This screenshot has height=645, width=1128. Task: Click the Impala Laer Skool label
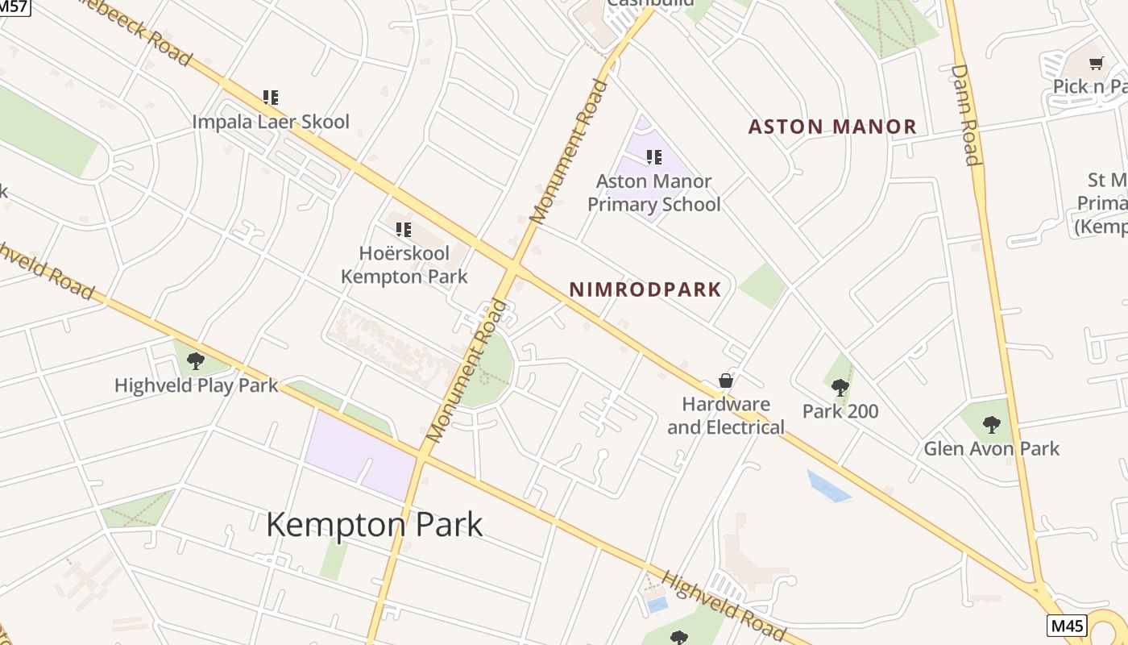(271, 122)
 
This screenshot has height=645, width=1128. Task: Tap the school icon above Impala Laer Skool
(271, 98)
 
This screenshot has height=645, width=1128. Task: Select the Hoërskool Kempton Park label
(404, 264)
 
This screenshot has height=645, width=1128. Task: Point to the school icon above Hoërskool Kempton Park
(404, 230)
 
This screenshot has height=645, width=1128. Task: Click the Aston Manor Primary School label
(653, 193)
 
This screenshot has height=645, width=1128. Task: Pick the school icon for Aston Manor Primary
(653, 157)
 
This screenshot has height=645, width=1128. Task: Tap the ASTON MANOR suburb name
(832, 127)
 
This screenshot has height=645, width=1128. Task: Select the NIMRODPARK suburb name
(645, 289)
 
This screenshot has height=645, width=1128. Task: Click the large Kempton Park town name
(374, 524)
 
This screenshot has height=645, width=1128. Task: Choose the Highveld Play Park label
(196, 385)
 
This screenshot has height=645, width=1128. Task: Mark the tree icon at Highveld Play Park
(195, 360)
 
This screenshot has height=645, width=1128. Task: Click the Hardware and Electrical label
(726, 415)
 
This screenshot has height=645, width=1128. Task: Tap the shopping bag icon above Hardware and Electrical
(726, 381)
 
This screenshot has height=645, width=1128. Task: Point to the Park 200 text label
(840, 411)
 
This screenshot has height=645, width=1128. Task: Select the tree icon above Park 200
(840, 388)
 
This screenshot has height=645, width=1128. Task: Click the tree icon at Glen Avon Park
(992, 424)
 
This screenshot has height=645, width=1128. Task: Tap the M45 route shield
(1067, 625)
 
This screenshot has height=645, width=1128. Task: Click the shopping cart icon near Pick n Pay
(1095, 64)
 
